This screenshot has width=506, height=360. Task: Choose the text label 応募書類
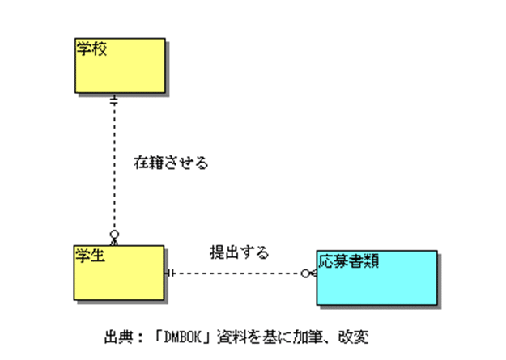(x=350, y=261)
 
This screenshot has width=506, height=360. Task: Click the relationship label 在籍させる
(x=171, y=163)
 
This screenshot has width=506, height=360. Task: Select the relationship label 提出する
(x=239, y=252)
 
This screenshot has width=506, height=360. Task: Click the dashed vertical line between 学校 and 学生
(x=115, y=170)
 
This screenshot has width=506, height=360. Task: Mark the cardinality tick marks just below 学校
(x=115, y=100)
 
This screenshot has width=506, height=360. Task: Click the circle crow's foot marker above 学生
(x=115, y=236)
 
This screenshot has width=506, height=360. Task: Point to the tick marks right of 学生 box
(x=170, y=273)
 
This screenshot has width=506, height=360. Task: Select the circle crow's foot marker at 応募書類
(x=308, y=273)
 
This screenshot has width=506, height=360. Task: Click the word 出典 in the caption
(x=117, y=335)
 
